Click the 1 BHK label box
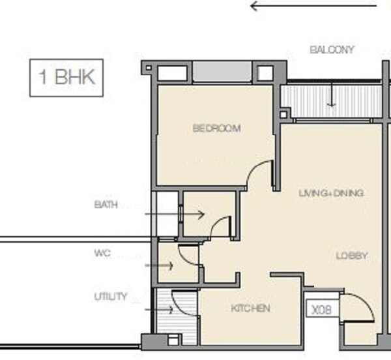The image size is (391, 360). pos(67,78)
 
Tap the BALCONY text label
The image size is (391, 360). pos(332,50)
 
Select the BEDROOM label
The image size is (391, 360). pos(216,128)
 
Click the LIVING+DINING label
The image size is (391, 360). pos(330,193)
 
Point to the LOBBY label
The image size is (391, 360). pos(352,256)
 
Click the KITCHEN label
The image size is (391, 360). pos(250,308)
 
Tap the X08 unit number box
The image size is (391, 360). pos(321,309)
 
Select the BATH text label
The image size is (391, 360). pos(106,205)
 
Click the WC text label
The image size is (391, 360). pos(102,252)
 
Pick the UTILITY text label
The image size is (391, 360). pos(111,297)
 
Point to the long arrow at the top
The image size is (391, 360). pos(313,7)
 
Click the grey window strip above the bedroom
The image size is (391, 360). pos(222,72)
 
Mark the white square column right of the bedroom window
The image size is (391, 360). pos(266,72)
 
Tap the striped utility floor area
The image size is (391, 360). pos(184,310)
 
